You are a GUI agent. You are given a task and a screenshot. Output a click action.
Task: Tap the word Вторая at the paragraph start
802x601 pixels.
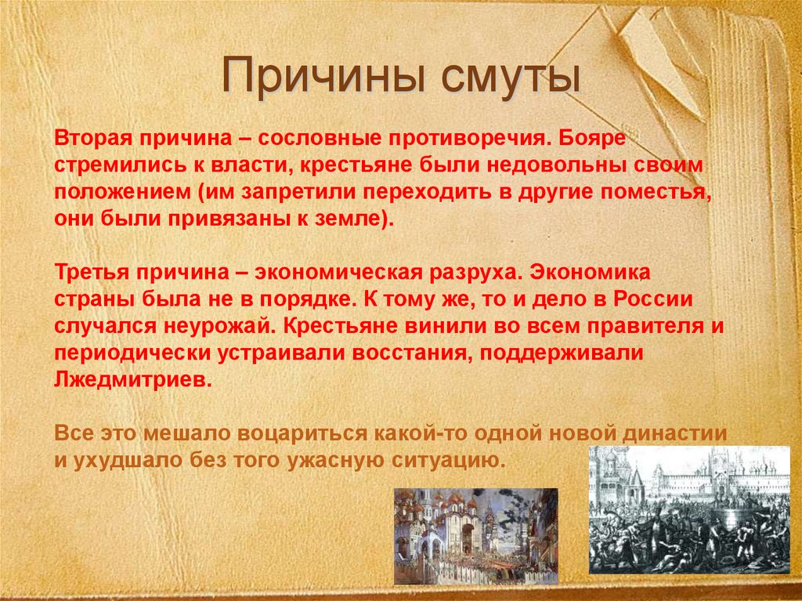click(x=89, y=139)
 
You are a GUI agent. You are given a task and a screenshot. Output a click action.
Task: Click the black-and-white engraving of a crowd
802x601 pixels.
click(x=689, y=509)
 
